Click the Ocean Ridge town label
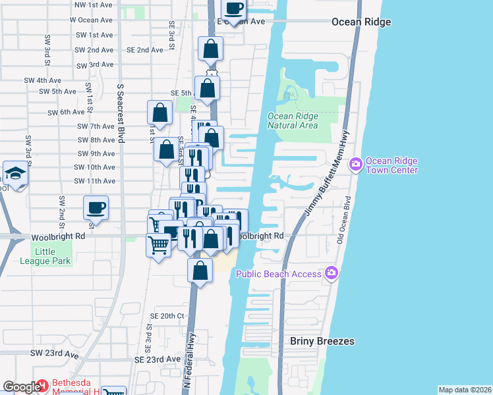(x=361, y=22)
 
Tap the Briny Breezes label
(x=322, y=341)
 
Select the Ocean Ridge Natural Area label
(x=293, y=120)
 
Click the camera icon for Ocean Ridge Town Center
(x=357, y=163)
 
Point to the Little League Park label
(x=53, y=256)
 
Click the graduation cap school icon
(x=14, y=173)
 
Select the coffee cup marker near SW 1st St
(x=96, y=208)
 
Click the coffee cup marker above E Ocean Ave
(x=233, y=9)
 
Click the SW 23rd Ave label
(x=54, y=354)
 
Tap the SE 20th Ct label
(x=167, y=316)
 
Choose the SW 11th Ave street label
(x=95, y=181)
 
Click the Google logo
(x=21, y=388)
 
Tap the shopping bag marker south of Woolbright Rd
(x=200, y=270)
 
